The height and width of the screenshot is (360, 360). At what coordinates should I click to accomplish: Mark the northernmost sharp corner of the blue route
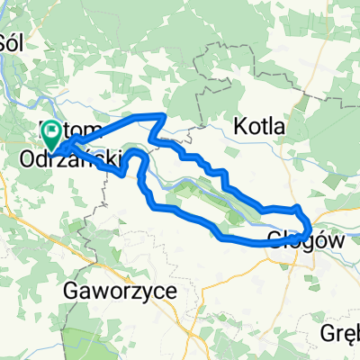click(164, 115)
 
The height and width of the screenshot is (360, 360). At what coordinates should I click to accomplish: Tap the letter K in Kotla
click(240, 127)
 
